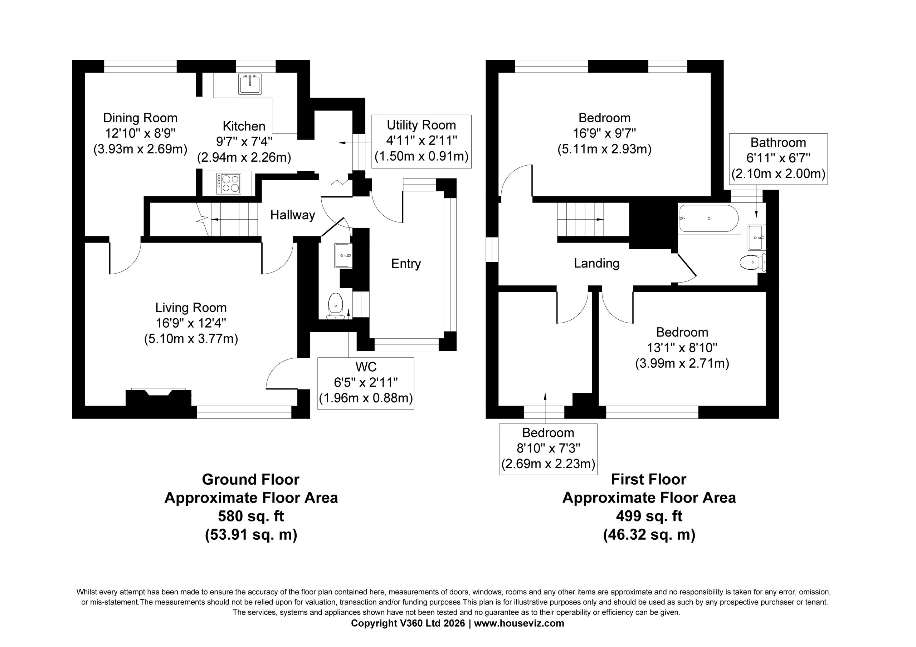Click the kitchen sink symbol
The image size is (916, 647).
coord(250,84)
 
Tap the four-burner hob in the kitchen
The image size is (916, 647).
coord(229,183)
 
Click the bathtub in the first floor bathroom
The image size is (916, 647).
coord(709,218)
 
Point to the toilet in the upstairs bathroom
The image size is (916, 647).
coord(752,263)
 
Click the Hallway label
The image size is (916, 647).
coord(292,215)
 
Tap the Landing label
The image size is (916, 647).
coord(596,263)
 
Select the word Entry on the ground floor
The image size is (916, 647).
coord(406,264)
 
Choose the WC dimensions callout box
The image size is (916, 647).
coord(366,383)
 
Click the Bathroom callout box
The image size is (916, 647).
coord(778,159)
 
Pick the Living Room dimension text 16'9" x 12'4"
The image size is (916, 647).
coord(191,323)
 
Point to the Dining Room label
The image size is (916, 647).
coord(140,118)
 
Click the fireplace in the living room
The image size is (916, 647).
coord(159,397)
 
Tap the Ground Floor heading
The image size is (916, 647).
coord(250,479)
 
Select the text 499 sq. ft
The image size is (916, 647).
coord(649,516)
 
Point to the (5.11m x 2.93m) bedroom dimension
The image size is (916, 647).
coord(604,149)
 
